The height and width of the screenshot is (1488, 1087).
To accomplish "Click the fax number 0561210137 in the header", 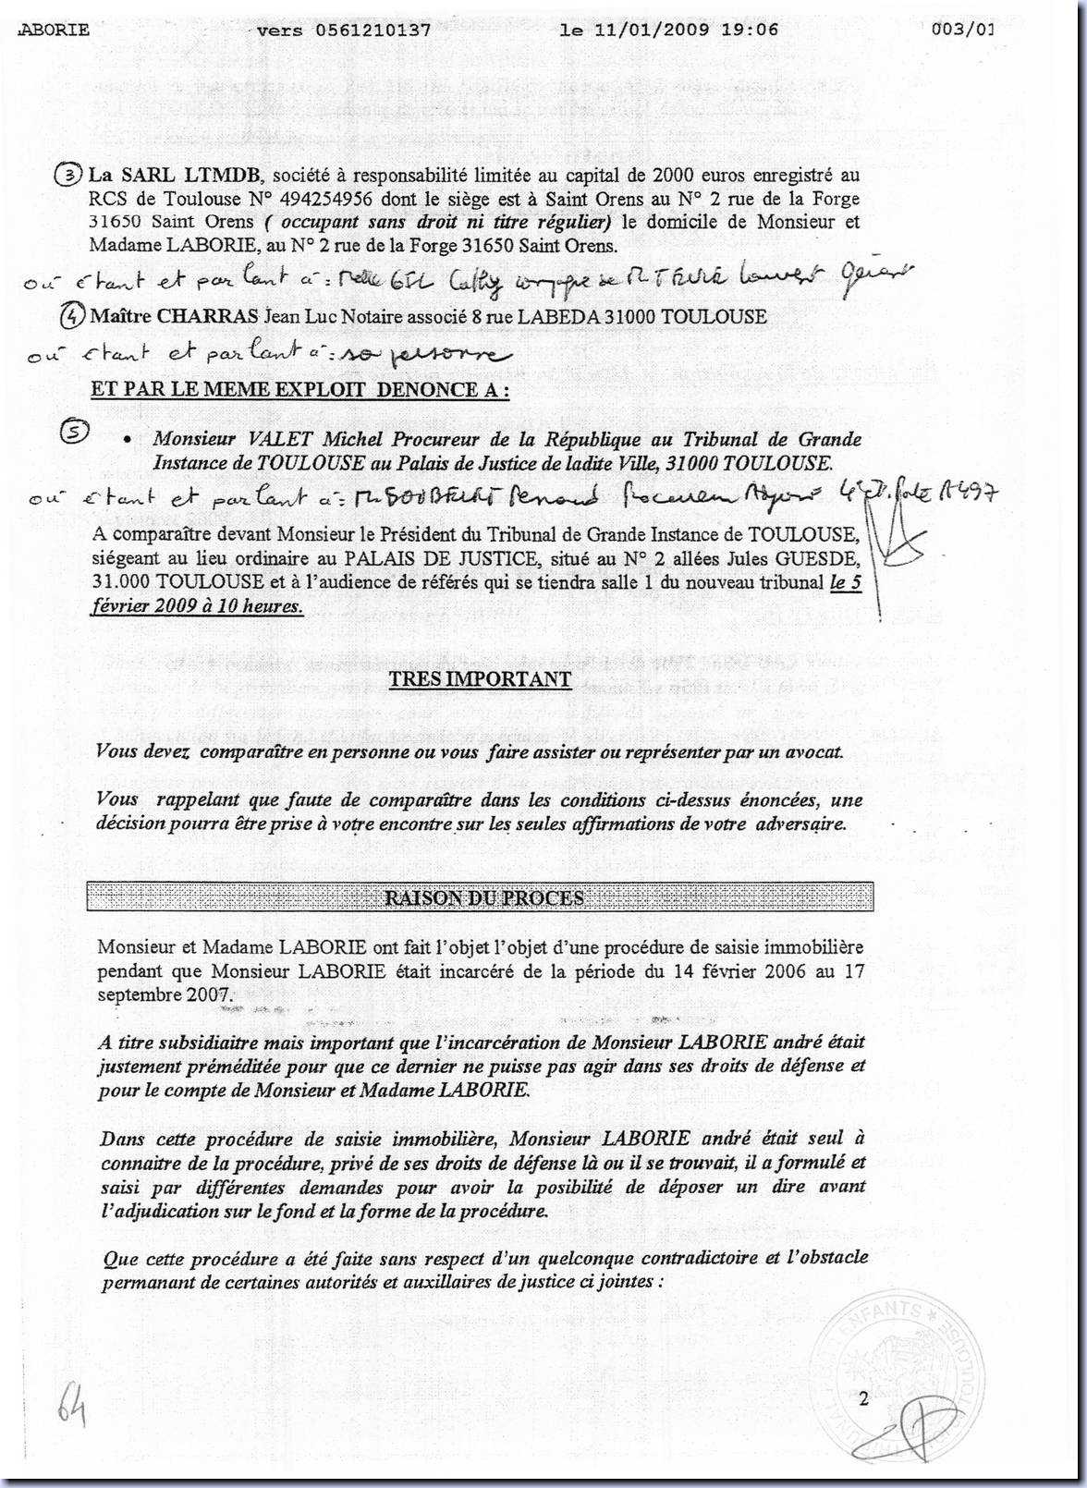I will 373,30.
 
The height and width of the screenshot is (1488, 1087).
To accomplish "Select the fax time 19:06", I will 754,30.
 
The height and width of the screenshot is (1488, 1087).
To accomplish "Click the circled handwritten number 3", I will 67,174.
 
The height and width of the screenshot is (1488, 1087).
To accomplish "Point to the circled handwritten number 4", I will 73,316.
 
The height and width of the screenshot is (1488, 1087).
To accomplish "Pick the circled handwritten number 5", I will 73,433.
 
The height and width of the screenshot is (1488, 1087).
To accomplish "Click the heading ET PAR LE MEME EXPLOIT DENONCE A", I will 299,389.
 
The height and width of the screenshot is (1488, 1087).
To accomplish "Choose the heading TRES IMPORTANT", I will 480,679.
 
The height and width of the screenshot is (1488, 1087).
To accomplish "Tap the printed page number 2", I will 863,1398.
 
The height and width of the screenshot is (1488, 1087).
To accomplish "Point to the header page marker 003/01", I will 961,30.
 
